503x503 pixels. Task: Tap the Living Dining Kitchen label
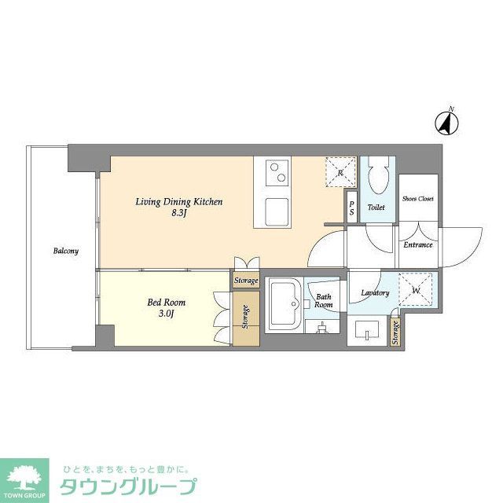(178, 207)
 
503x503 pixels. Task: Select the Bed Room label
(167, 306)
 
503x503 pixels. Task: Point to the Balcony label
(65, 251)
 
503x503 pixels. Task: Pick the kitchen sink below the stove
(277, 211)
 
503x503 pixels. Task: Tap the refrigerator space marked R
(341, 171)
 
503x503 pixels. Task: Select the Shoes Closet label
(417, 199)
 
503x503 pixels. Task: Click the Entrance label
(417, 244)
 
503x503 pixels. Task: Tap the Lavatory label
(375, 293)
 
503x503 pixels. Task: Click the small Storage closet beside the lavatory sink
(395, 334)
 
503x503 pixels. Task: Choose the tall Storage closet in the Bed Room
(245, 319)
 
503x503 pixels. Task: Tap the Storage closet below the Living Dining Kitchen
(245, 281)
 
